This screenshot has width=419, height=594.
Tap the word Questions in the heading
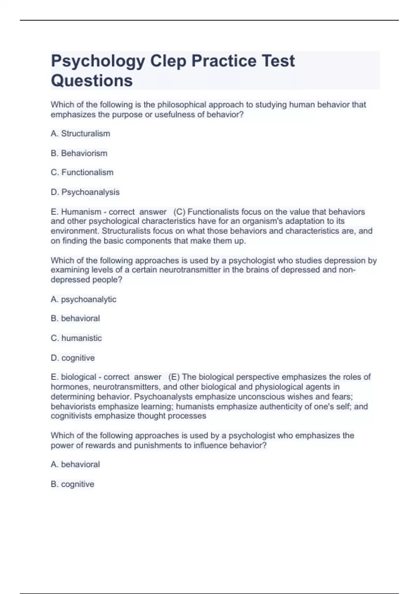pyautogui.click(x=92, y=81)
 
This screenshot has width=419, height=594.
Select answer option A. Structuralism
pyautogui.click(x=80, y=133)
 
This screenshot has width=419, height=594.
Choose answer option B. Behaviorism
pyautogui.click(x=79, y=153)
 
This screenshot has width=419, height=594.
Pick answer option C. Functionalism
pyautogui.click(x=82, y=172)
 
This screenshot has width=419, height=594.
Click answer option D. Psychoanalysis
pyautogui.click(x=85, y=192)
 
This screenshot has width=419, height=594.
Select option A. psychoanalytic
pyautogui.click(x=83, y=299)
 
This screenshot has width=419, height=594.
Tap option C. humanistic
pyautogui.click(x=76, y=338)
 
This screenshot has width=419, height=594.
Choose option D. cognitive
pyautogui.click(x=73, y=358)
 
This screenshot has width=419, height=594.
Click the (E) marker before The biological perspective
pyautogui.click(x=174, y=377)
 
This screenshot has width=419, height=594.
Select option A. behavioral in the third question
pyautogui.click(x=75, y=464)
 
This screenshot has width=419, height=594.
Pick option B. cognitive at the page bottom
pyautogui.click(x=72, y=484)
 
